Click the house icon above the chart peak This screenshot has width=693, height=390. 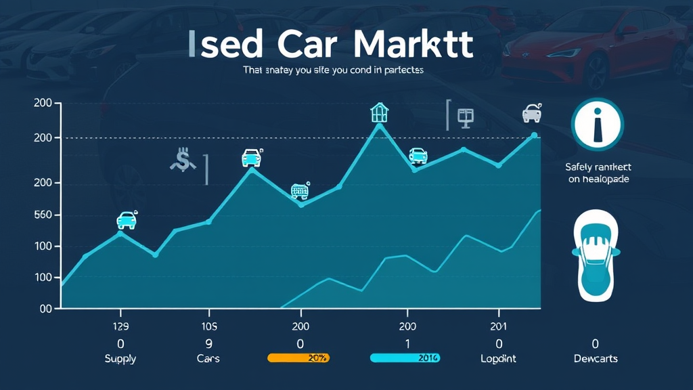pos(380,112)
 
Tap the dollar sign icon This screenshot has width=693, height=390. pos(182,161)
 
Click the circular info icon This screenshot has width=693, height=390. pos(597,125)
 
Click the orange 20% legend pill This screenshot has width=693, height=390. pos(298,357)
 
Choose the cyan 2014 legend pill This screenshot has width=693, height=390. pos(405,357)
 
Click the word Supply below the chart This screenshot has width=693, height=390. pos(120,358)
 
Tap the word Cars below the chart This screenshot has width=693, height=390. pos(208,358)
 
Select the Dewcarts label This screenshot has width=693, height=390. pos(596,358)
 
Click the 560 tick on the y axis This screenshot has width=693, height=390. pos(43,215)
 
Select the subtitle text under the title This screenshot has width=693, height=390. pos(333,70)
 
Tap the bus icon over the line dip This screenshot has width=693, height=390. pos(300,191)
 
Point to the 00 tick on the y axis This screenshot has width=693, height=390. pos(46,308)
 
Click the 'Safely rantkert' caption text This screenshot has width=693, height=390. pos(598,167)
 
